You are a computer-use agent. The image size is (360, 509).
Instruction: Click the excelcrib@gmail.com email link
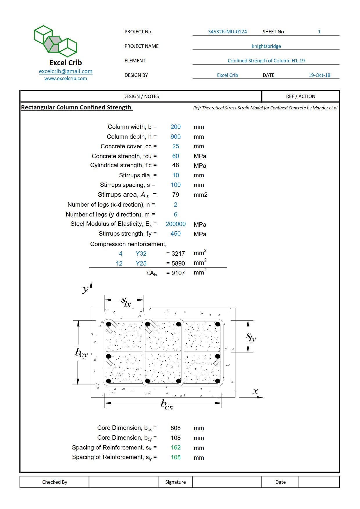tap(66, 71)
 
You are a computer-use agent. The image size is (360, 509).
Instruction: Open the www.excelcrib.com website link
tap(66, 79)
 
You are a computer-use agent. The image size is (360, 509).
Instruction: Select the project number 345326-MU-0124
tap(227, 32)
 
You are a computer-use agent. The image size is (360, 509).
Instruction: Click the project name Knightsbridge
tap(266, 46)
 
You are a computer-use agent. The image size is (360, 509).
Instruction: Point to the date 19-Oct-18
tap(319, 75)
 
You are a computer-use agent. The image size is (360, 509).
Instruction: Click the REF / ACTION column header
tap(300, 96)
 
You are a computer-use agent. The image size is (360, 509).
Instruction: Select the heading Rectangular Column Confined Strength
tap(76, 107)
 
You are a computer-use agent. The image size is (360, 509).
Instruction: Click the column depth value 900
tap(175, 137)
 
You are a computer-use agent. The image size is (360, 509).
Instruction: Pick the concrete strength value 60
tap(175, 156)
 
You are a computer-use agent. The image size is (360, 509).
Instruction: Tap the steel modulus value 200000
tap(175, 224)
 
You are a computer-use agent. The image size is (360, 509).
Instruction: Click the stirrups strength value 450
tap(175, 234)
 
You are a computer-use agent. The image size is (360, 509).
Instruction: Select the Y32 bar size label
tap(141, 254)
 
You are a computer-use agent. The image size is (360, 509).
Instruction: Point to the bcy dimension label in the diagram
tap(81, 353)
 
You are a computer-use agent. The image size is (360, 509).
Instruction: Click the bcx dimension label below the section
tap(167, 404)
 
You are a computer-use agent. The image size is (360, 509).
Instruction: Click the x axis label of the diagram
tap(255, 391)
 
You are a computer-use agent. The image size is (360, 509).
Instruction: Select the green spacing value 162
tap(175, 448)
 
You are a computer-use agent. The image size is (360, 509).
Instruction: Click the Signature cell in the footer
tap(175, 482)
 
